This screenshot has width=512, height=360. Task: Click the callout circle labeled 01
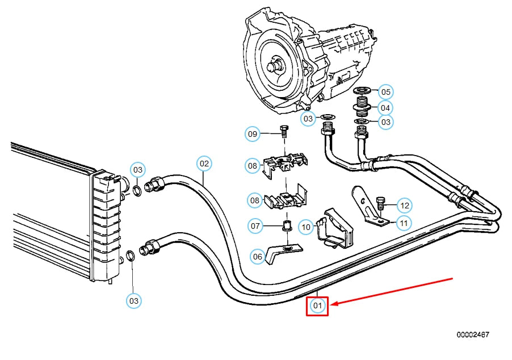317,307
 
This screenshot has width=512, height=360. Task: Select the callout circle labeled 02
204,164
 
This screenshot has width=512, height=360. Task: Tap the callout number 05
386,92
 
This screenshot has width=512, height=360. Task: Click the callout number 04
386,107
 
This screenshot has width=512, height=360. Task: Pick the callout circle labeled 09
253,134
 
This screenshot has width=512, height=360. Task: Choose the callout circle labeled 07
256,226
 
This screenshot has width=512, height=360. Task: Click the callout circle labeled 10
307,228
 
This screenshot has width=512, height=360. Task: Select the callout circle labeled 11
404,223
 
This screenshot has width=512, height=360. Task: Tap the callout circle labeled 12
404,205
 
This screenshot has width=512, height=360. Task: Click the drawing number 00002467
472,335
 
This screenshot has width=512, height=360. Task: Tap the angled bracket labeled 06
284,252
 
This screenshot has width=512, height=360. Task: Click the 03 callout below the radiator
134,300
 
